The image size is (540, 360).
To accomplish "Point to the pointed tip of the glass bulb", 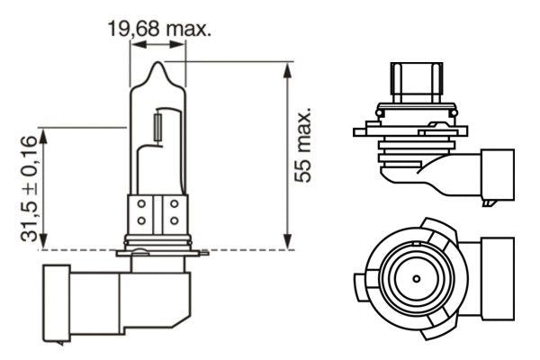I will pos(157,63).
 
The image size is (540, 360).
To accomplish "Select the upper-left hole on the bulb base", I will pos(142,204).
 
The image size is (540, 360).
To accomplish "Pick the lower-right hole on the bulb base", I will pos(173,221).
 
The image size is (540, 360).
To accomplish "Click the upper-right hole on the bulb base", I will pos(173,204).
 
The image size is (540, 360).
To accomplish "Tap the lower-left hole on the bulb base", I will pos(142,221).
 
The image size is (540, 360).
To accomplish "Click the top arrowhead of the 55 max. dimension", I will pos(287,67).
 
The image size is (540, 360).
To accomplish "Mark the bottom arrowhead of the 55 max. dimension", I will pos(287,244).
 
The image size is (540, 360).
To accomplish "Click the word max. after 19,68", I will pos(189,30).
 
